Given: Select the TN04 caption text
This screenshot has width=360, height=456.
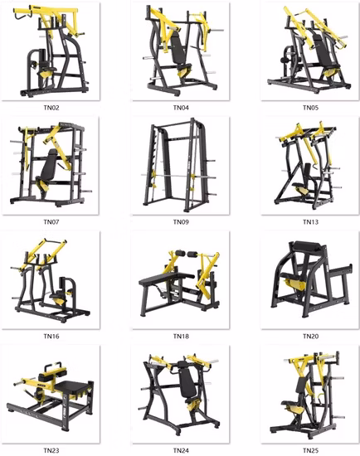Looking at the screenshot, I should click(x=180, y=108).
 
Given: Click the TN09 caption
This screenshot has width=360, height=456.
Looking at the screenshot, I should click(x=180, y=222).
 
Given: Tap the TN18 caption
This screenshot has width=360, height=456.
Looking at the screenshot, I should click(x=180, y=337).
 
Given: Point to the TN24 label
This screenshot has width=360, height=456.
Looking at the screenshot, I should click(x=180, y=450).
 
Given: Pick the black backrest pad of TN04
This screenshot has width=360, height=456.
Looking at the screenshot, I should click(x=177, y=50).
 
